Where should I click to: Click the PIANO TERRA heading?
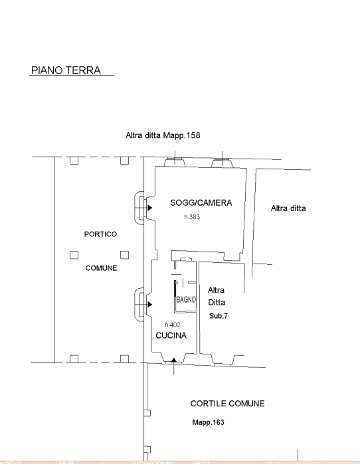click(x=66, y=70)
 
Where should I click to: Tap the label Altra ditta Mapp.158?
click(x=163, y=135)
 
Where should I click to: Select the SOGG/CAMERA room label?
click(x=201, y=202)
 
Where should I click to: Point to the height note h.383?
click(x=192, y=217)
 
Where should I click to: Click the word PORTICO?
click(x=100, y=234)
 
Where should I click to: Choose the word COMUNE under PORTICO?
click(x=101, y=268)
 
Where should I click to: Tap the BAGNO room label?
click(x=186, y=299)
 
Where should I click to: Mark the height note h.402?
click(x=173, y=325)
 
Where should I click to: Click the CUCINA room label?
click(x=171, y=335)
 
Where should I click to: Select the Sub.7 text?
click(x=219, y=316)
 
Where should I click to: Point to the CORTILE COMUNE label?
click(x=227, y=404)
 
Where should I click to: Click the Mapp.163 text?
click(x=208, y=422)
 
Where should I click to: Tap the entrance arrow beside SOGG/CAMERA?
click(x=150, y=208)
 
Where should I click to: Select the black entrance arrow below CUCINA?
click(x=174, y=360)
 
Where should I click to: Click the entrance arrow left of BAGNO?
click(x=150, y=304)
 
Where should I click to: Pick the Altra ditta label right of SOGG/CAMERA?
click(x=288, y=208)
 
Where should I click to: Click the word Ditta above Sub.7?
click(x=217, y=303)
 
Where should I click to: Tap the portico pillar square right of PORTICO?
click(x=124, y=255)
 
